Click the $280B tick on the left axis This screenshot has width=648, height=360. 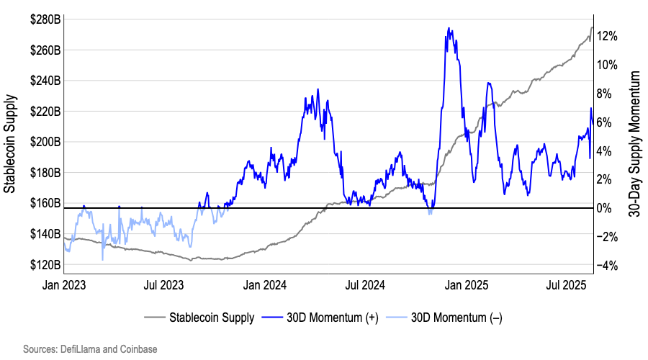(x=45, y=19)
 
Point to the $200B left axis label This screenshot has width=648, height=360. (x=45, y=142)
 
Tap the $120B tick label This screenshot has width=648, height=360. (x=45, y=264)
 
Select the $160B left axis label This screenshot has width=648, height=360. (x=45, y=203)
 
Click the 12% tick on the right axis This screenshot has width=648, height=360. (x=609, y=36)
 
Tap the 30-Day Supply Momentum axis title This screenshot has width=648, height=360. (x=635, y=143)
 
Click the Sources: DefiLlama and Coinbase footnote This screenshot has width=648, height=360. (x=90, y=348)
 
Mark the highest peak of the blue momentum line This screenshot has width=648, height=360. (x=449, y=29)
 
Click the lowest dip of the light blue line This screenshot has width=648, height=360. (x=103, y=259)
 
